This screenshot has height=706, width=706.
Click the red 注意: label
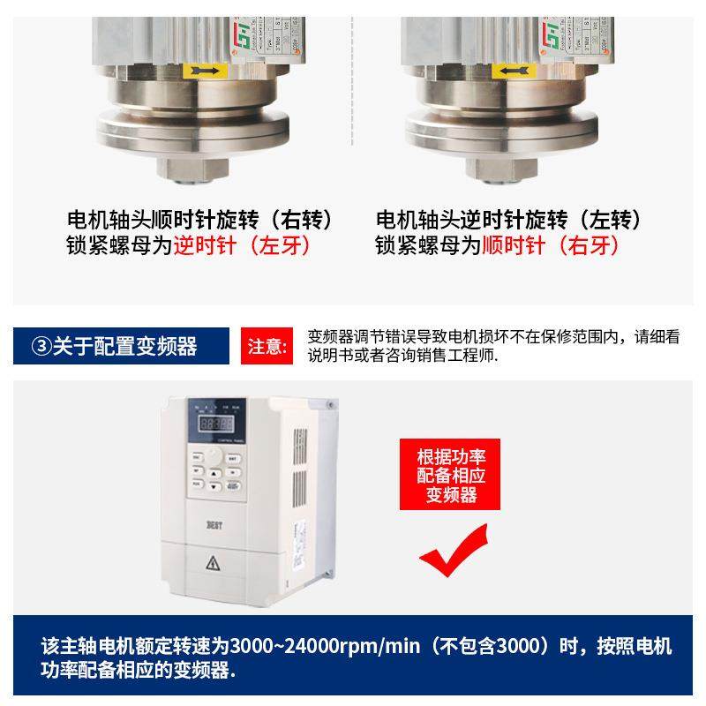point(266,345)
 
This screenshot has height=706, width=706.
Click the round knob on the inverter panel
point(215,456)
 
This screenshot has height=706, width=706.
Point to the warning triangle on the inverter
point(212,562)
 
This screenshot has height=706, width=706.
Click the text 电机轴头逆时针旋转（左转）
point(508,219)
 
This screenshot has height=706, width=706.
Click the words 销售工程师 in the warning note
point(451,356)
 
